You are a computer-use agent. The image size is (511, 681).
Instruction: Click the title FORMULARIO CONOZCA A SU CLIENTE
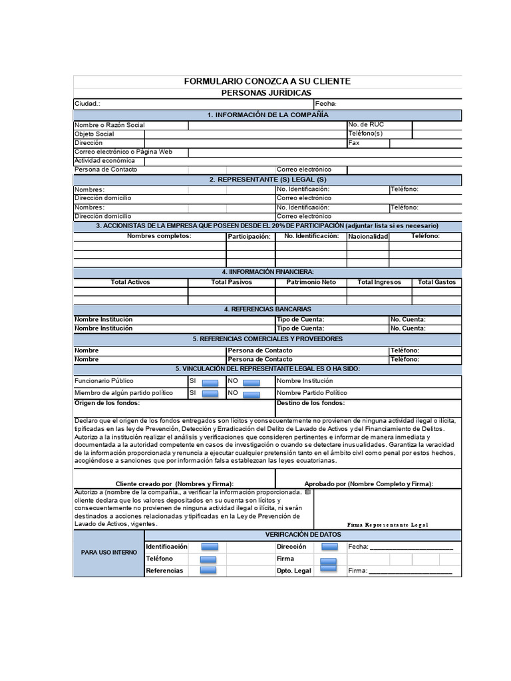click(x=267, y=81)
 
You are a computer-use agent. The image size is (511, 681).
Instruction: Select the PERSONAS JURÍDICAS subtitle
click(x=266, y=92)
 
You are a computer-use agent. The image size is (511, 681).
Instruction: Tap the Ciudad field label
click(x=87, y=104)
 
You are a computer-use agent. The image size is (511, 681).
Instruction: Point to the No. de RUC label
click(x=366, y=125)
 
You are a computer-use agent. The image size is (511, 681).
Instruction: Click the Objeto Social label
click(x=94, y=134)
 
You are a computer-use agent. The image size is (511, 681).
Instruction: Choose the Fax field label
click(x=354, y=143)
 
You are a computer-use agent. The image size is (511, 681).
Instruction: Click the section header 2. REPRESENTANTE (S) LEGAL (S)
click(x=267, y=180)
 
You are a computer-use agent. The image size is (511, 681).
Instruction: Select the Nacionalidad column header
click(x=368, y=236)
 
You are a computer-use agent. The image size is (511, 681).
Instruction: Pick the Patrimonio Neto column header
click(x=311, y=282)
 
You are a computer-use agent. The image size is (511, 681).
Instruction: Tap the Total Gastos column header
click(x=436, y=282)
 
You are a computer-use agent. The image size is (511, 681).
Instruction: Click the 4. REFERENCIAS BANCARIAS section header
click(x=267, y=309)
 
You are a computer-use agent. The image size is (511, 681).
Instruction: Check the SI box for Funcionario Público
click(x=210, y=382)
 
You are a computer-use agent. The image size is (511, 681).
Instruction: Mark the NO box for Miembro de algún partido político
click(x=251, y=394)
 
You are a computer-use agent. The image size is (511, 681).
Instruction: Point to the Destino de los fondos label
click(x=311, y=403)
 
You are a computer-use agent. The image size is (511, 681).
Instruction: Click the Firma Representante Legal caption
click(x=387, y=525)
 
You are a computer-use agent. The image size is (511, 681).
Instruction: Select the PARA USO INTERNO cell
click(x=109, y=553)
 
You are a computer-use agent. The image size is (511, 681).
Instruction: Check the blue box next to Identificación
click(x=208, y=547)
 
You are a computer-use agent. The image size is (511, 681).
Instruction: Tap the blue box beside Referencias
click(x=208, y=570)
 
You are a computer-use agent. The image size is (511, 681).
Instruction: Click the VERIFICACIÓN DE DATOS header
click(x=303, y=535)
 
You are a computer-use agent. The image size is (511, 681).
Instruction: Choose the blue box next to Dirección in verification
click(x=329, y=547)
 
